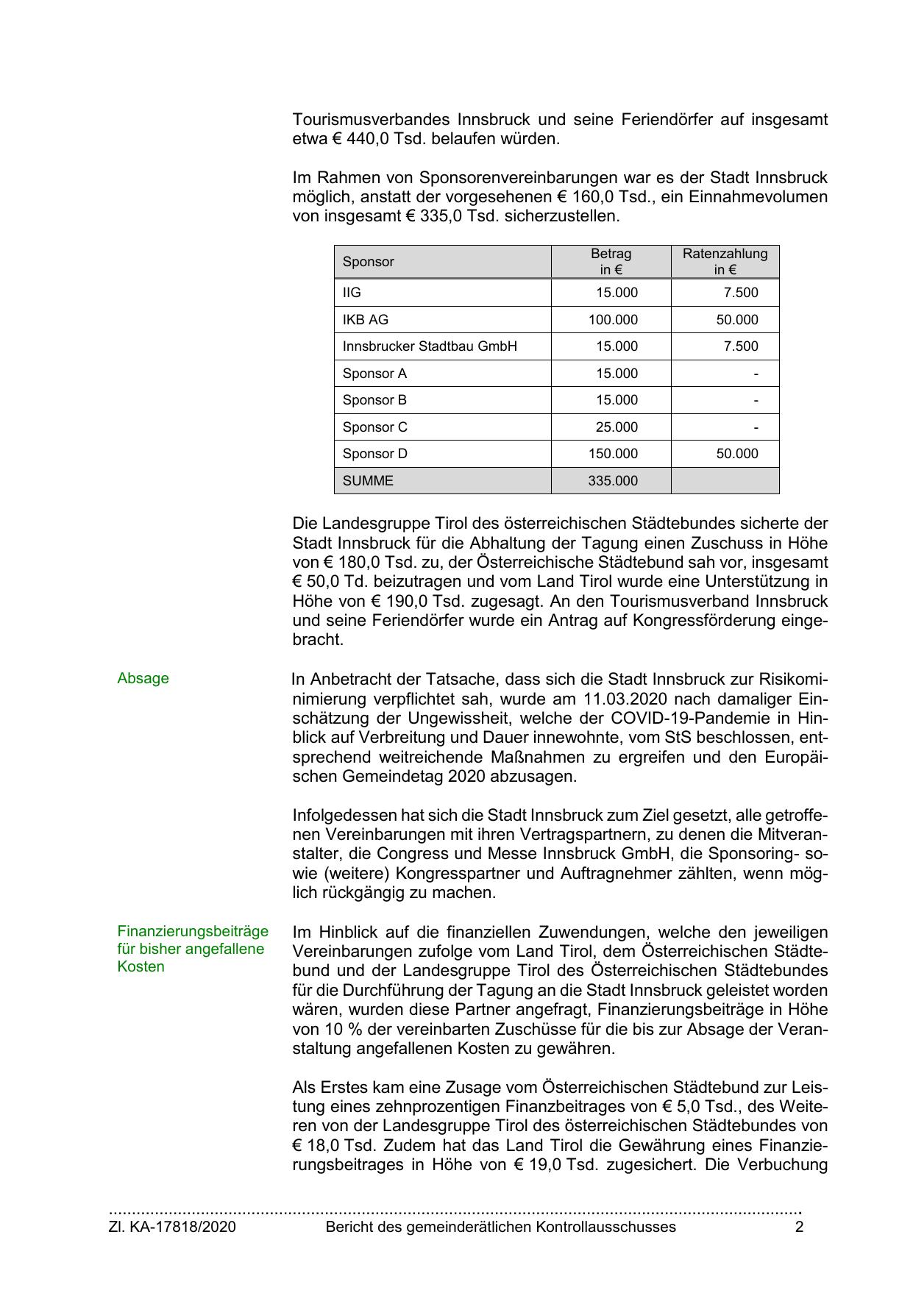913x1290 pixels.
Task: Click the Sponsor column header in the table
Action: pyautogui.click(x=368, y=262)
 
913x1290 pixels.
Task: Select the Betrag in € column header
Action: pyautogui.click(x=611, y=262)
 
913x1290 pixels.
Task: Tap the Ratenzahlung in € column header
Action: pyautogui.click(x=725, y=262)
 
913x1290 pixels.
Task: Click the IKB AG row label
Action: pyautogui.click(x=365, y=320)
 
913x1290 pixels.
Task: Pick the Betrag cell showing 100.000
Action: pyautogui.click(x=613, y=320)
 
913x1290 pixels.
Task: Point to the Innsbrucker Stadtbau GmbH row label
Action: pyautogui.click(x=430, y=346)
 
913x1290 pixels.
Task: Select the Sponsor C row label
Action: pyautogui.click(x=374, y=427)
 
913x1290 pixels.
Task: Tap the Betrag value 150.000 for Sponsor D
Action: pyautogui.click(x=613, y=454)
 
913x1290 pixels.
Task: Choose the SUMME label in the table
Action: pyautogui.click(x=368, y=481)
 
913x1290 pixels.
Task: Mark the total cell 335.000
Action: pyautogui.click(x=613, y=481)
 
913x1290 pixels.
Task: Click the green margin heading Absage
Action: pyautogui.click(x=143, y=679)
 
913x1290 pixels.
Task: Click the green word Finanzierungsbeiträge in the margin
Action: pyautogui.click(x=193, y=932)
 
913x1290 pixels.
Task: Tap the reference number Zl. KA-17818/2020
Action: pyautogui.click(x=172, y=1227)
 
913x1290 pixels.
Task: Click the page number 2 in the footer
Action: pyautogui.click(x=800, y=1227)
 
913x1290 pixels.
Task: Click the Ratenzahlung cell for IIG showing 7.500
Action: pyautogui.click(x=740, y=293)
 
